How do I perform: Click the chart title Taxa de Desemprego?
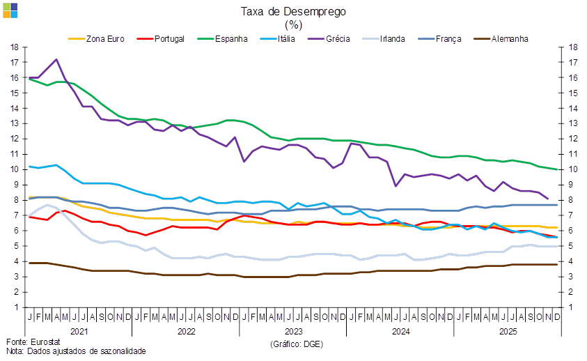[293, 11]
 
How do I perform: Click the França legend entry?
[448, 39]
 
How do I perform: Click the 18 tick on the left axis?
[14, 47]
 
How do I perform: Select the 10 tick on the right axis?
[573, 169]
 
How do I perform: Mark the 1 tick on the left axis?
[14, 307]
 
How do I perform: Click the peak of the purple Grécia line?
[56, 60]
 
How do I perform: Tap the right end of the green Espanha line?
[556, 169]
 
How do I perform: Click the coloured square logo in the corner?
[10, 9]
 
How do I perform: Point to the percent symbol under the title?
[293, 24]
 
